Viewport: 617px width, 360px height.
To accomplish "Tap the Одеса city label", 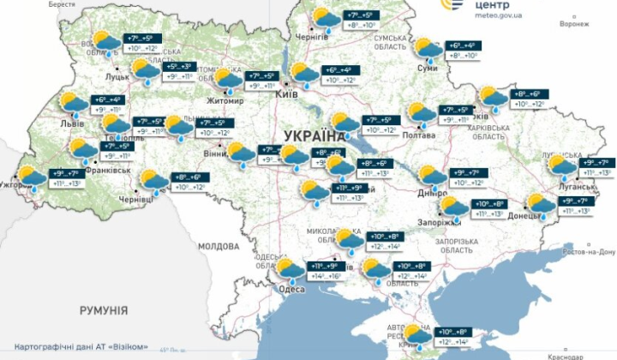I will (x=292, y=289).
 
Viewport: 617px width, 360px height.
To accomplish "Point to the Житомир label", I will (x=225, y=100).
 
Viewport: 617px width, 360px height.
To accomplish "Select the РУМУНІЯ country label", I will (x=104, y=309).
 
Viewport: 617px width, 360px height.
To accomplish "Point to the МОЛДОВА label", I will (x=218, y=246).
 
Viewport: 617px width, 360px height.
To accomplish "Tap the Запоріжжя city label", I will (x=439, y=222).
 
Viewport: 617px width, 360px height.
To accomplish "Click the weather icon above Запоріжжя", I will (x=453, y=208).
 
